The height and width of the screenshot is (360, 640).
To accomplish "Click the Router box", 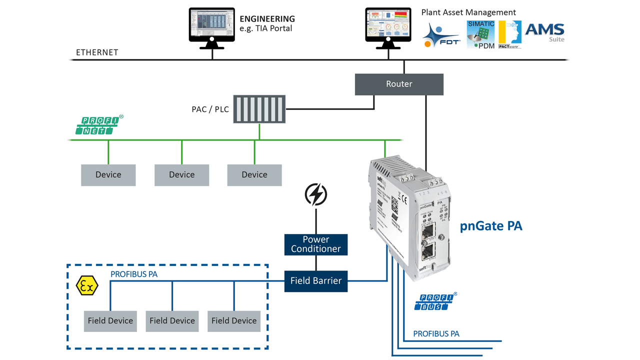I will [399, 84].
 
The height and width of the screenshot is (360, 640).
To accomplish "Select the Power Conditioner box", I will [316, 244].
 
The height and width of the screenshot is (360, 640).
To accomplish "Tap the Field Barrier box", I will [316, 281].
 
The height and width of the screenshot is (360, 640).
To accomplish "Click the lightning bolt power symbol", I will [316, 194].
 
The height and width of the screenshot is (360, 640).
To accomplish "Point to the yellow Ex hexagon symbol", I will [86, 285].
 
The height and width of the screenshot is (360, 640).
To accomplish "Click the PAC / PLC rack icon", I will [259, 109].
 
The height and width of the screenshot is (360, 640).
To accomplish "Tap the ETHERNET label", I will [97, 52].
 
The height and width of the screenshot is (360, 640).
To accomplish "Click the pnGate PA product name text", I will [491, 226].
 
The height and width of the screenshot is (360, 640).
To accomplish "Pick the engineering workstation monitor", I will [212, 25].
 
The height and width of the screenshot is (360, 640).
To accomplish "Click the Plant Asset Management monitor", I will [388, 25].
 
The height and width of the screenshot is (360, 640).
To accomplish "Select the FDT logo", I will [441, 36].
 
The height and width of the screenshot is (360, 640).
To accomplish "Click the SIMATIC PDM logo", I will [480, 34].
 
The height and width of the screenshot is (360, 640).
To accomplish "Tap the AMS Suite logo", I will [545, 32].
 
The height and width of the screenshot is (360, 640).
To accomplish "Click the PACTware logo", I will [510, 34].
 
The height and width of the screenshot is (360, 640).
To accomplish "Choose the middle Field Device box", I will [172, 321].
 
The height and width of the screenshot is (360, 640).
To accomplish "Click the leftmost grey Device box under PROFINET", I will [108, 175].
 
